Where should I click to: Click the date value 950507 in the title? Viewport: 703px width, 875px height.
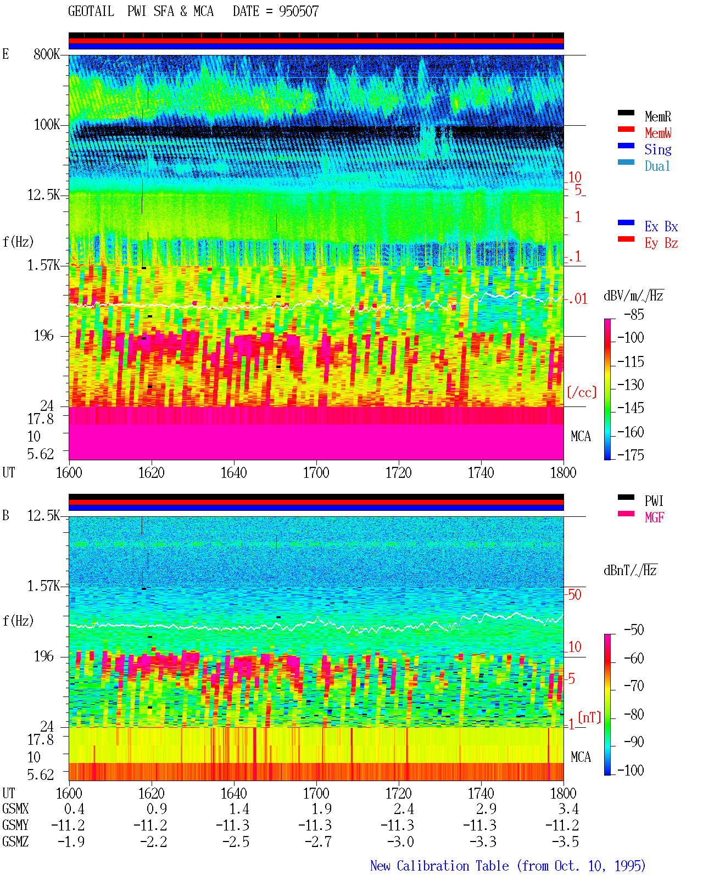pos(298,12)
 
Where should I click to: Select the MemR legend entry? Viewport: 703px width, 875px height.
pos(657,116)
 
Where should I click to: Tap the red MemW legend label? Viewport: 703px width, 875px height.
pos(658,133)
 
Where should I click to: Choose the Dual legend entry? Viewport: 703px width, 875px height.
pos(657,166)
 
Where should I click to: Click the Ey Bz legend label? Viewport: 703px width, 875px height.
pos(661,243)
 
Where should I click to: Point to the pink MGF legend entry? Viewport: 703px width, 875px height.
pos(654,517)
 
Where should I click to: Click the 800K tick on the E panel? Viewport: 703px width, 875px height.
pos(47,54)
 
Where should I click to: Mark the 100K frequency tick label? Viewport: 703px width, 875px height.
pos(47,125)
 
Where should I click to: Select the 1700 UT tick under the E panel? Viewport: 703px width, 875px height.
pos(316,472)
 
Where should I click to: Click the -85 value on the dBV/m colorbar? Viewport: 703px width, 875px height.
pos(634,314)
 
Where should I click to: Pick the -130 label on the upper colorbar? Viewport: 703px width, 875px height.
pos(631,384)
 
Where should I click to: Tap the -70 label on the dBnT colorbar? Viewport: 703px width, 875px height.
pos(634,685)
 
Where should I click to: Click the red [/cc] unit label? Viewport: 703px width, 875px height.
pos(582,392)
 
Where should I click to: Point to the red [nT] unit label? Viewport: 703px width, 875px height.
pos(589,717)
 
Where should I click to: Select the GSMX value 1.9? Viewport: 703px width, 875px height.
pos(322,809)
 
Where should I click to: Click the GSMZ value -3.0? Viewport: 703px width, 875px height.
pos(400,841)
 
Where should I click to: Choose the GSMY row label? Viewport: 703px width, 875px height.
pos(15,825)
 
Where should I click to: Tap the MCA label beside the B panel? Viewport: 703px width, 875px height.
pos(581,757)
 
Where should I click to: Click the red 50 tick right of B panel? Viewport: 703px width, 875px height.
pos(574,594)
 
